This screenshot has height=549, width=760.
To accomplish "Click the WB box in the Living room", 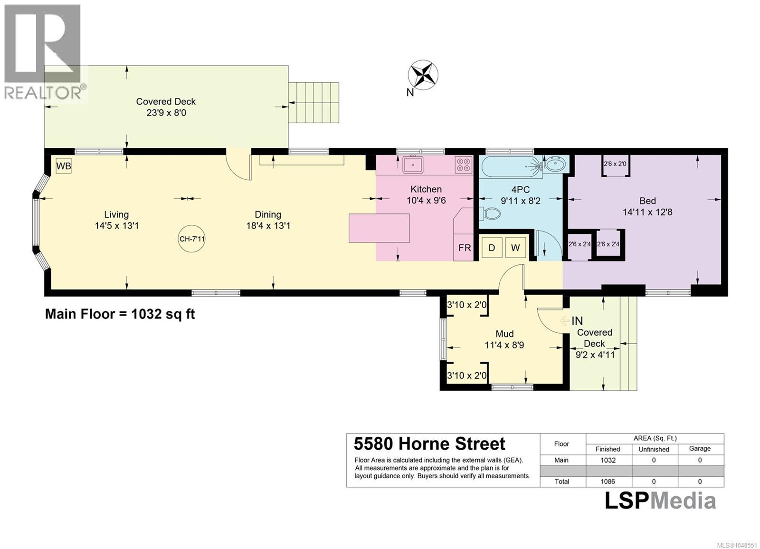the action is [64, 166].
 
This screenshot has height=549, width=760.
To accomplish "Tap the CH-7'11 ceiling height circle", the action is [192, 239].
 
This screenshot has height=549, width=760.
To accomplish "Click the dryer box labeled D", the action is [492, 248].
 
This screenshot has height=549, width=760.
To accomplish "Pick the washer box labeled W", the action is [515, 248].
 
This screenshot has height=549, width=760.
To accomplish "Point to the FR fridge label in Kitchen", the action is [465, 248].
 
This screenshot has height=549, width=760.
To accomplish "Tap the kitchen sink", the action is [413, 164].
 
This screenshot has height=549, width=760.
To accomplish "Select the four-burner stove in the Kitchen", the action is [464, 165].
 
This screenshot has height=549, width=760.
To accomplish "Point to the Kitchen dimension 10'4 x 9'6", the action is [426, 200].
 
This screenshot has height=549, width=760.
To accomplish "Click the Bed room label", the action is [647, 201].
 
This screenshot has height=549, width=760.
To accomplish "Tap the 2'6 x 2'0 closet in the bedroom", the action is [616, 166].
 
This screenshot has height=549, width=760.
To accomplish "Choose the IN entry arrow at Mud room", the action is [565, 320].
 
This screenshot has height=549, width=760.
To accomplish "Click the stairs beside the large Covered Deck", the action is [313, 102].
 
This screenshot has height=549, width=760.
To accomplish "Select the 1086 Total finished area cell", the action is [608, 482].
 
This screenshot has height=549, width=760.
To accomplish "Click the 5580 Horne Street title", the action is [429, 444].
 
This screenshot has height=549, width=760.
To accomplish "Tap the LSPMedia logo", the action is [660, 501].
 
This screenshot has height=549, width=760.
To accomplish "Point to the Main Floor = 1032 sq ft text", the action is [120, 314].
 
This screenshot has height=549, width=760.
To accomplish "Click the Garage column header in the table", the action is [700, 449].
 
